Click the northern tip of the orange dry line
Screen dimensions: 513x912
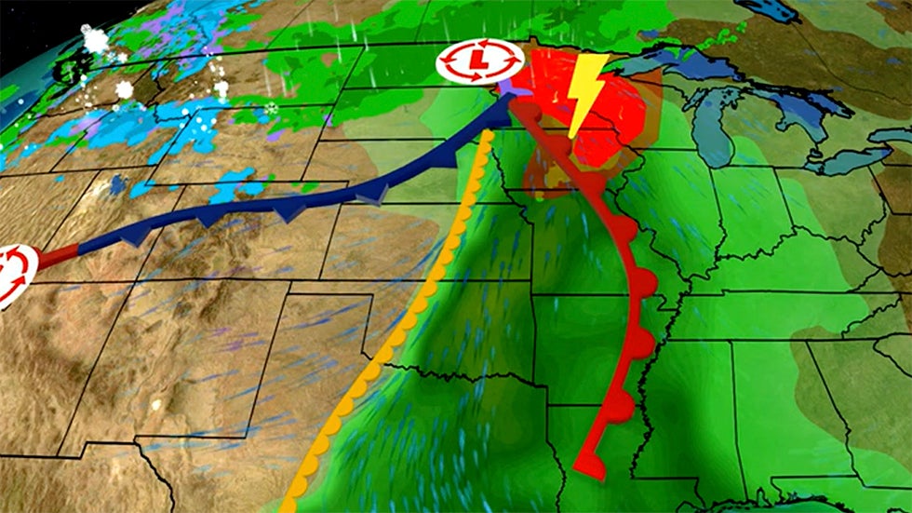click(x=487, y=136)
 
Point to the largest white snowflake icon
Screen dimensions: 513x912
click(x=94, y=39)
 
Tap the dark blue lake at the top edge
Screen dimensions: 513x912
click(x=768, y=9)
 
